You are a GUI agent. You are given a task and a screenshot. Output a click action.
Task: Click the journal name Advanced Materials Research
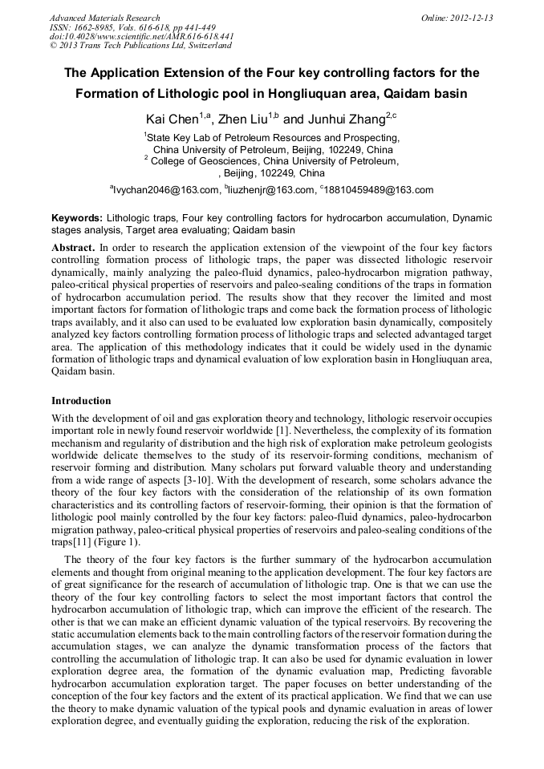pyautogui.click(x=104, y=18)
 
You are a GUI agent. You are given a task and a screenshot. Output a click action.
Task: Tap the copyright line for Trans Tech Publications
pyautogui.click(x=140, y=46)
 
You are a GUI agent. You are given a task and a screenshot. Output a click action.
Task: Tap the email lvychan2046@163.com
pyautogui.click(x=164, y=190)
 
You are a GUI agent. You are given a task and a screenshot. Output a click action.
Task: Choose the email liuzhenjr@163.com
pyautogui.click(x=269, y=190)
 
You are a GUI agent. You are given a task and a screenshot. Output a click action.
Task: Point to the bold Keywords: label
pyautogui.click(x=77, y=218)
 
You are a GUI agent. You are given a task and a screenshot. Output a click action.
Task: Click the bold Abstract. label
pyautogui.click(x=73, y=249)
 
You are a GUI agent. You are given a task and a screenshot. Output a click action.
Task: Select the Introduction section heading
pyautogui.click(x=81, y=400)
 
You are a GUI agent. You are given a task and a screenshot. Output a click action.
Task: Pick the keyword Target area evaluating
pyautogui.click(x=188, y=230)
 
